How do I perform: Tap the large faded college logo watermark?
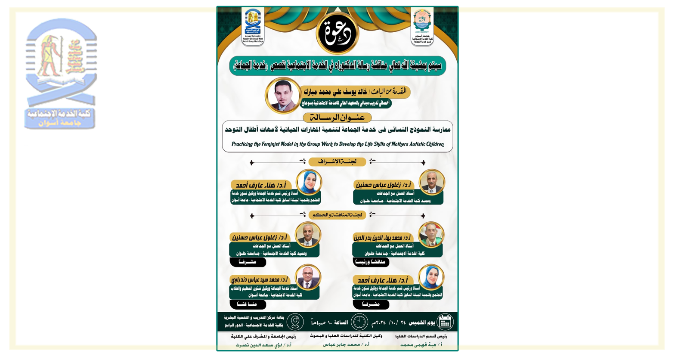tap(61, 73)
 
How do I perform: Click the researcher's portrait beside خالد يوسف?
tap(283, 96)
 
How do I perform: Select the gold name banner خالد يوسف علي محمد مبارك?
tap(356, 92)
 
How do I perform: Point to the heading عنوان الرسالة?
tap(337, 118)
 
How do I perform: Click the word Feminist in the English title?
tap(271, 144)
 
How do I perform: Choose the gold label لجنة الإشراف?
tap(337, 161)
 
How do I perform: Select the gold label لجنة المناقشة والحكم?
tap(337, 214)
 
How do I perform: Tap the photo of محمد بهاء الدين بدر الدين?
tap(430, 235)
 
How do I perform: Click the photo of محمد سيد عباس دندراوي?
tap(308, 277)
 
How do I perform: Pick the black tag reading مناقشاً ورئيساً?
tap(371, 262)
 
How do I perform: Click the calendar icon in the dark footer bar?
tap(445, 322)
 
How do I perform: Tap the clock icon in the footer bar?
tap(359, 322)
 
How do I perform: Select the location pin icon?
tap(295, 322)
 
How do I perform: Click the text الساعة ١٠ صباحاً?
tap(329, 322)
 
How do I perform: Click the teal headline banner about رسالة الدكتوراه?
tap(337, 66)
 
